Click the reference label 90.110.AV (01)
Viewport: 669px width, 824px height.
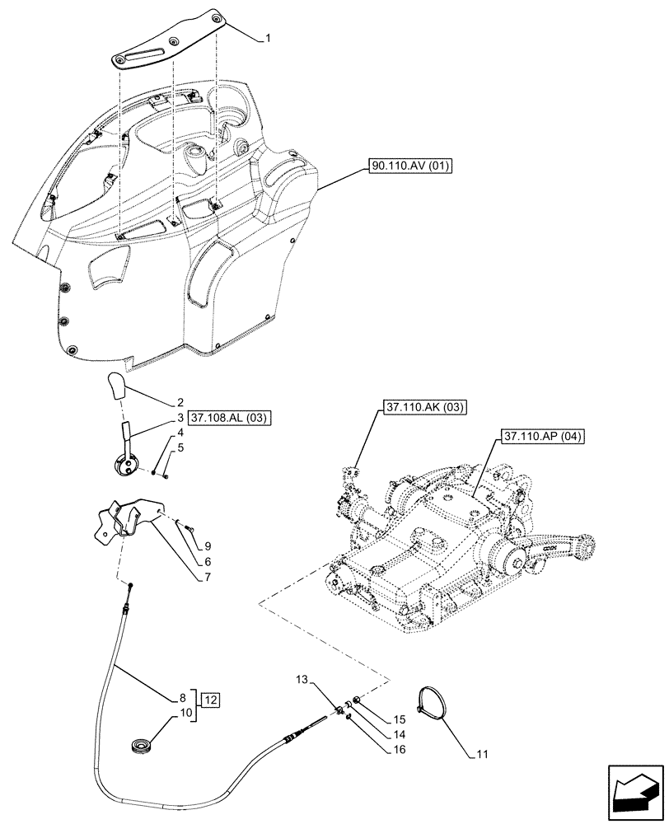pyautogui.click(x=411, y=167)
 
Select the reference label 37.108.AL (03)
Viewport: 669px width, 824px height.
pyautogui.click(x=233, y=419)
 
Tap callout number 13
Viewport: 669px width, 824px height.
pyautogui.click(x=303, y=680)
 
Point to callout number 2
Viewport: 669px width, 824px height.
pyautogui.click(x=179, y=404)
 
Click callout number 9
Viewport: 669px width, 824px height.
pyautogui.click(x=208, y=546)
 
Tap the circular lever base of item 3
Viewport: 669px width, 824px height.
pyautogui.click(x=127, y=467)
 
